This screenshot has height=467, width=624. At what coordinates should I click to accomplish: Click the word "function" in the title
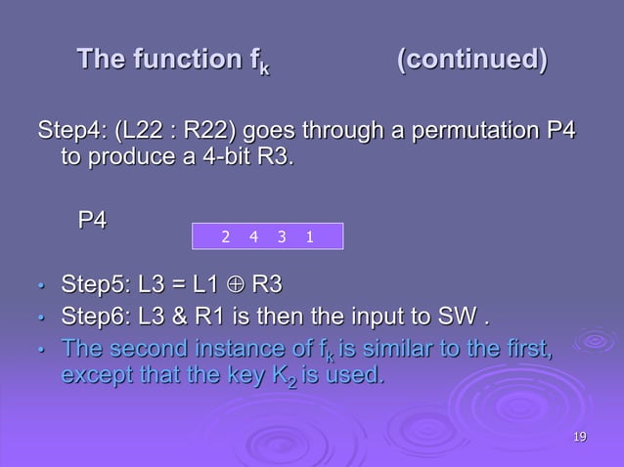pos(175,61)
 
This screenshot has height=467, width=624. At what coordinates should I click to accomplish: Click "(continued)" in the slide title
pos(472,61)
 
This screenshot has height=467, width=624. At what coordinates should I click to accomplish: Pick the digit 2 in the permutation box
pos(225,236)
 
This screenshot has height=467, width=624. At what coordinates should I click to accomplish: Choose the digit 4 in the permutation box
pos(253,236)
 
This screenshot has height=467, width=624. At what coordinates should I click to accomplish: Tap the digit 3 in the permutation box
pos(281,236)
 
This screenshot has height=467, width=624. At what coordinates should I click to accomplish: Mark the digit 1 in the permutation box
pos(308,236)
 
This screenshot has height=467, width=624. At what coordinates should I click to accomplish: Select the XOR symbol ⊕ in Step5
pos(233,286)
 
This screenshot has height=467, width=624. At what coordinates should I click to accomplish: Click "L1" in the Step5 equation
pos(203,286)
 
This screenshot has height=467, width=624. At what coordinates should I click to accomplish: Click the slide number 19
pos(580,436)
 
